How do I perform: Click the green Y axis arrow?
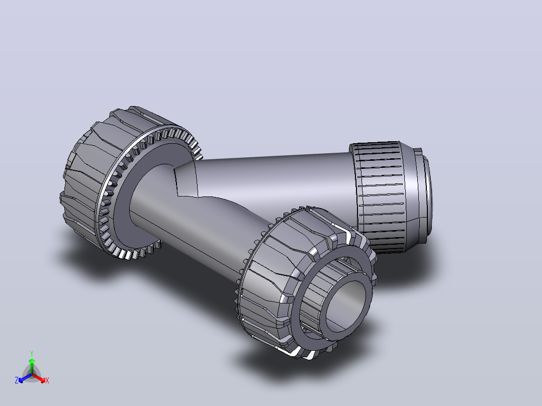tap(32, 366)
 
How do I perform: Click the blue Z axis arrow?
tap(25, 378)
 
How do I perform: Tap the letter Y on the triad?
tap(32, 353)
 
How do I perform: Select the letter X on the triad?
tap(47, 380)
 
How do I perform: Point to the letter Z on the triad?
tap(17, 380)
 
